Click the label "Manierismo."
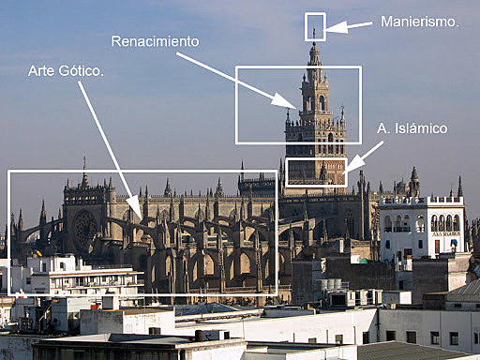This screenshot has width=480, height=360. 419,21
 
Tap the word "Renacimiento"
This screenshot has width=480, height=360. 156,41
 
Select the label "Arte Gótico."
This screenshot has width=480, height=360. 66,70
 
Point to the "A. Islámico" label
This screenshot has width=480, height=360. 412,127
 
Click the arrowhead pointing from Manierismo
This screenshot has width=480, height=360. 331,27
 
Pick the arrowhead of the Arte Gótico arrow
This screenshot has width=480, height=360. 137,213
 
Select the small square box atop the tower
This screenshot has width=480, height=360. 315,26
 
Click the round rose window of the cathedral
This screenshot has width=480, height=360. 85,226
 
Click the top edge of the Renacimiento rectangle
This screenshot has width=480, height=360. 298,67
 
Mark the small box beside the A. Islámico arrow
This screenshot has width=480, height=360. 316,172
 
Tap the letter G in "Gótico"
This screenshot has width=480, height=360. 63,70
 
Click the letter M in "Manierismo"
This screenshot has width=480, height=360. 385,21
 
